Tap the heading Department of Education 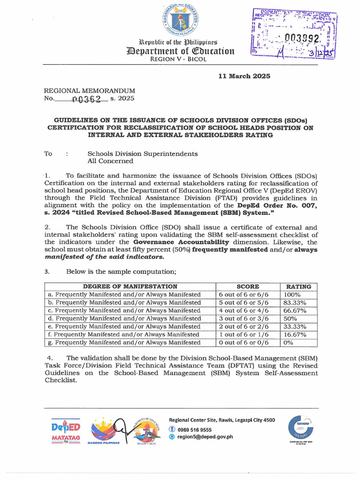(x=180, y=51)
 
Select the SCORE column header (x=248, y=286)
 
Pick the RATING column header (x=298, y=286)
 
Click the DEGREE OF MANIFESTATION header (x=130, y=286)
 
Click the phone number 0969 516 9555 (x=194, y=429)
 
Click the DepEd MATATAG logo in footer (x=66, y=430)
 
